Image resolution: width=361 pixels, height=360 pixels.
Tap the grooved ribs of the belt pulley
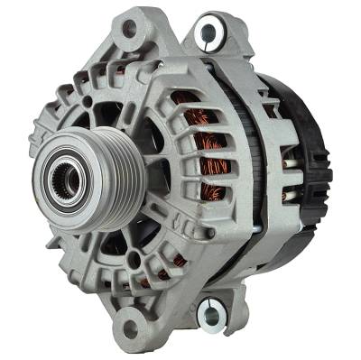(92, 169)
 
